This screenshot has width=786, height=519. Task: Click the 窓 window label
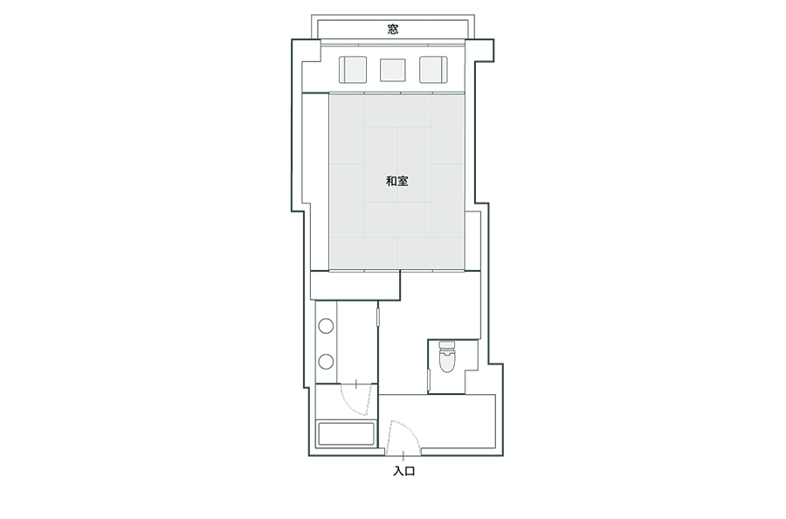(x=393, y=29)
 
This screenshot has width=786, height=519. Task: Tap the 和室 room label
(x=397, y=181)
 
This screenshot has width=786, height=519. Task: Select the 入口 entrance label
(x=404, y=471)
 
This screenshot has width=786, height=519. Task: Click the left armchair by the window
(x=353, y=70)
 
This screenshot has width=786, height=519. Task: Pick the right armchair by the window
(x=433, y=70)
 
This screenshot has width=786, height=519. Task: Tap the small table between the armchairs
(x=392, y=70)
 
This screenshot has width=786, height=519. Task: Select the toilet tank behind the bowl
(x=447, y=345)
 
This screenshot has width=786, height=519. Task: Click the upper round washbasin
(x=326, y=326)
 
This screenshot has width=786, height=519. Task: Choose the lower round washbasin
(x=326, y=361)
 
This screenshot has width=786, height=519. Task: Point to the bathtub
(x=347, y=434)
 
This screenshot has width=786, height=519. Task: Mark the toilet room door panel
(x=429, y=381)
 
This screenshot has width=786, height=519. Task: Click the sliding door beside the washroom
(x=378, y=317)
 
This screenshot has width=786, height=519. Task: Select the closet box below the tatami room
(x=355, y=286)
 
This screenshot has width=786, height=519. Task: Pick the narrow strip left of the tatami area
(x=316, y=182)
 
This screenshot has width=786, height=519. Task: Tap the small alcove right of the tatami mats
(x=472, y=240)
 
